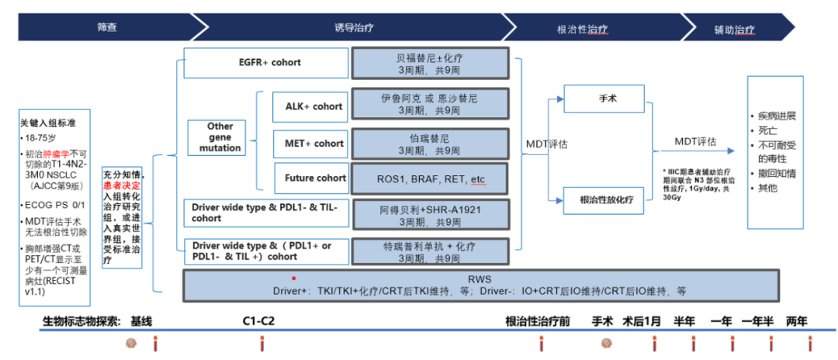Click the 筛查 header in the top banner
[x=107, y=28]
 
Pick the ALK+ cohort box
[x=308, y=106]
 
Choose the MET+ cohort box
[x=308, y=143]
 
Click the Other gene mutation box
[x=220, y=137]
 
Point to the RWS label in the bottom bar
[x=480, y=279]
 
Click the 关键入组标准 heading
[x=47, y=123]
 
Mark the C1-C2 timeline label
[x=259, y=320]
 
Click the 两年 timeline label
[x=796, y=320]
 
